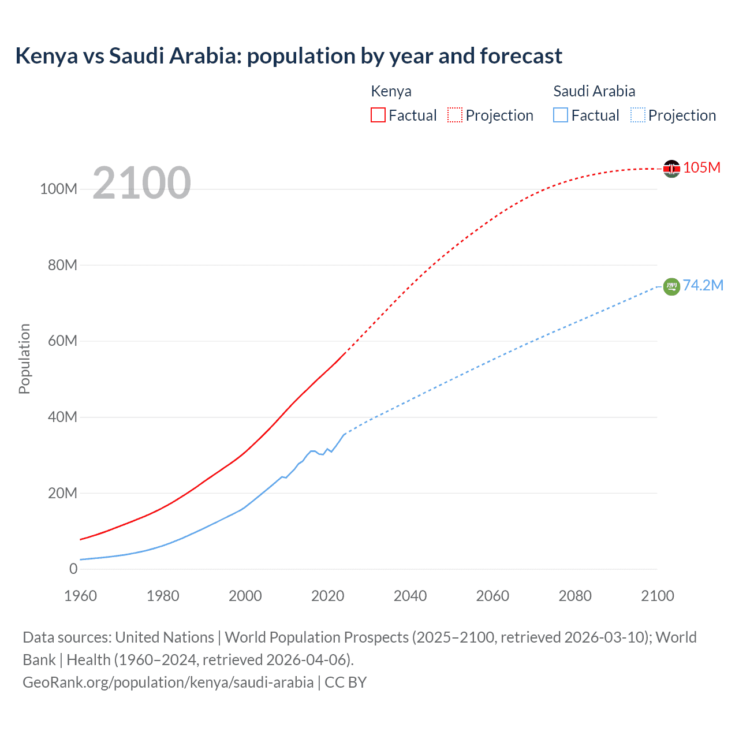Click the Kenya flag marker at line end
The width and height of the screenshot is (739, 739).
[x=671, y=169]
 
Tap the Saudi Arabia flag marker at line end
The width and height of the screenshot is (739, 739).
[x=671, y=286]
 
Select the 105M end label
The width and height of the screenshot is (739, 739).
[x=701, y=167]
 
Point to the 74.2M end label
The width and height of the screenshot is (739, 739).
[x=703, y=285]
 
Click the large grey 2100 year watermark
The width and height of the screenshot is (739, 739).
[x=141, y=183]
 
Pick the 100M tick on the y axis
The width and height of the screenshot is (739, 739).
[x=58, y=189]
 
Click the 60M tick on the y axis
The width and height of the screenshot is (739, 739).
[x=62, y=341]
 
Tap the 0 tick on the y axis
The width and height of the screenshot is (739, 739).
[x=73, y=569]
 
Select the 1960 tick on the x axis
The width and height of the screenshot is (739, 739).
[x=80, y=596]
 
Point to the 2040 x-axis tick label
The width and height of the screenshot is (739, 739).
[x=410, y=596]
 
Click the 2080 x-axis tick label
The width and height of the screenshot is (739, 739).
[x=575, y=596]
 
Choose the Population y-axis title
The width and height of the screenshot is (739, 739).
[x=24, y=359]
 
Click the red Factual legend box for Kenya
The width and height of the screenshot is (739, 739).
[x=378, y=115]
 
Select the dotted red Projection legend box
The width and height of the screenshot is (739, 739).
[x=455, y=115]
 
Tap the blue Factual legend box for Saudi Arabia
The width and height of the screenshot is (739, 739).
[x=561, y=115]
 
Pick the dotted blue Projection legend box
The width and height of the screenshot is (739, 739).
[x=638, y=115]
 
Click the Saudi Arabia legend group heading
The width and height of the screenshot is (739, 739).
[x=594, y=91]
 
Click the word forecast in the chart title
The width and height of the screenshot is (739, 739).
[x=521, y=56]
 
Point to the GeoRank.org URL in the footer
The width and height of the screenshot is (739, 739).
[x=168, y=682]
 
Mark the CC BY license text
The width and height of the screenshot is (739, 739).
[x=345, y=682]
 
